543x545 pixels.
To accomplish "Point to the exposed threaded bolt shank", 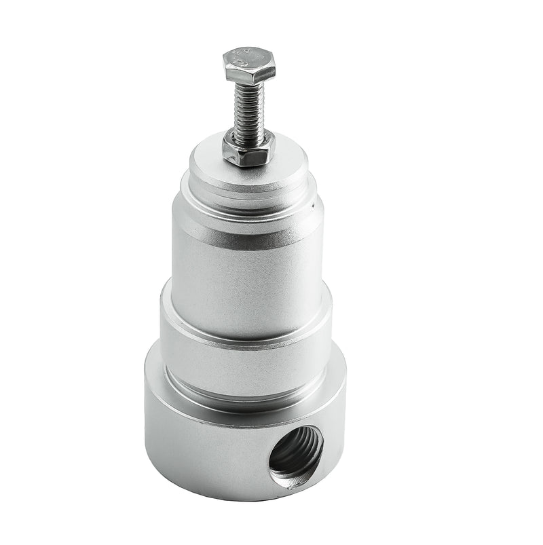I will [x=248, y=109].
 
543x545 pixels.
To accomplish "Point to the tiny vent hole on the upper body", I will [x=313, y=202].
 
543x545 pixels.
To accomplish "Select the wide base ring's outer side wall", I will [x=204, y=448].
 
